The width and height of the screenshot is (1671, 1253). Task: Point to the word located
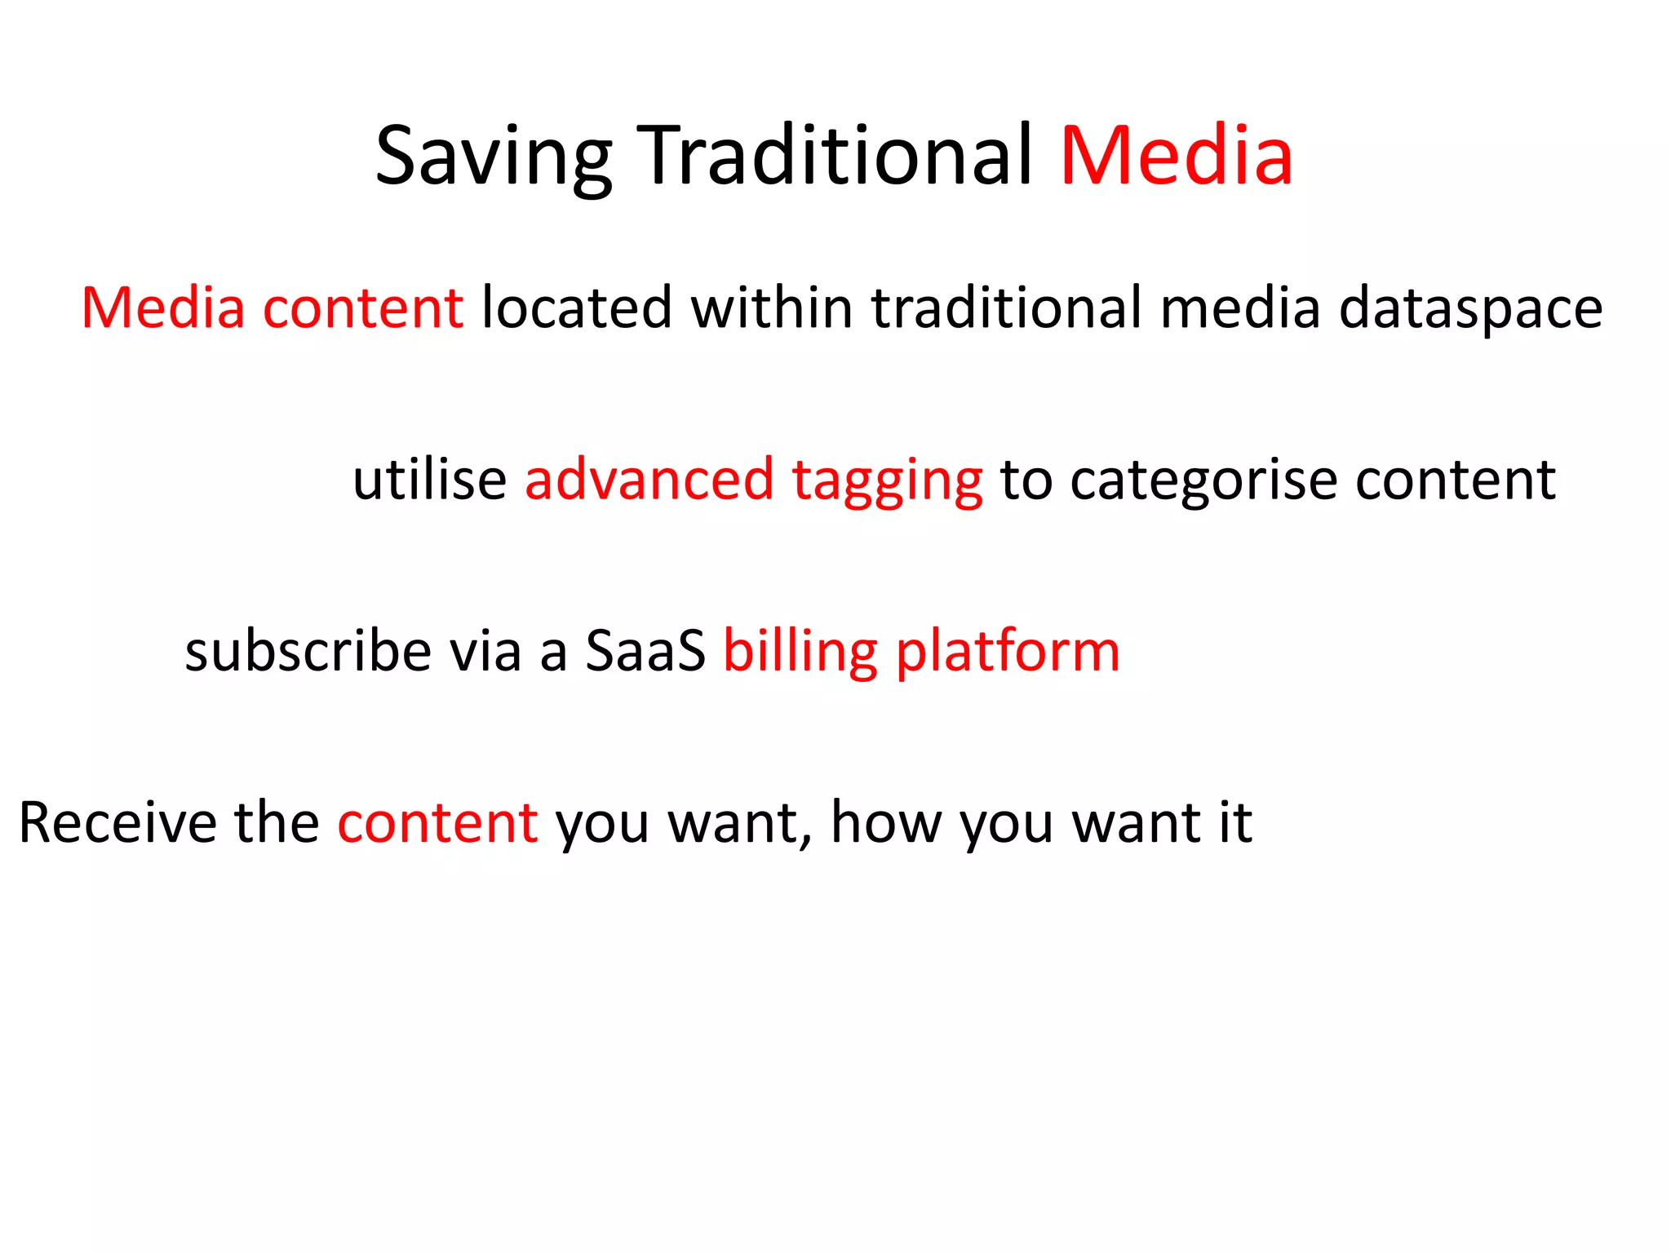[x=577, y=308]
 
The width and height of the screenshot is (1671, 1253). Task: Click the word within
[x=772, y=308]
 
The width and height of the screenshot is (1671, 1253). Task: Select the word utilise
[x=430, y=480]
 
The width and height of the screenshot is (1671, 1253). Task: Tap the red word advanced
[x=649, y=480]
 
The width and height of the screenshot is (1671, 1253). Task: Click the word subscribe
[x=308, y=652]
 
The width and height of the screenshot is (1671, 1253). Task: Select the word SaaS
[x=645, y=652]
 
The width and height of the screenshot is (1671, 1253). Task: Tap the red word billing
[x=800, y=652]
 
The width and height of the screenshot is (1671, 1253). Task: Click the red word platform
[x=1008, y=653]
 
